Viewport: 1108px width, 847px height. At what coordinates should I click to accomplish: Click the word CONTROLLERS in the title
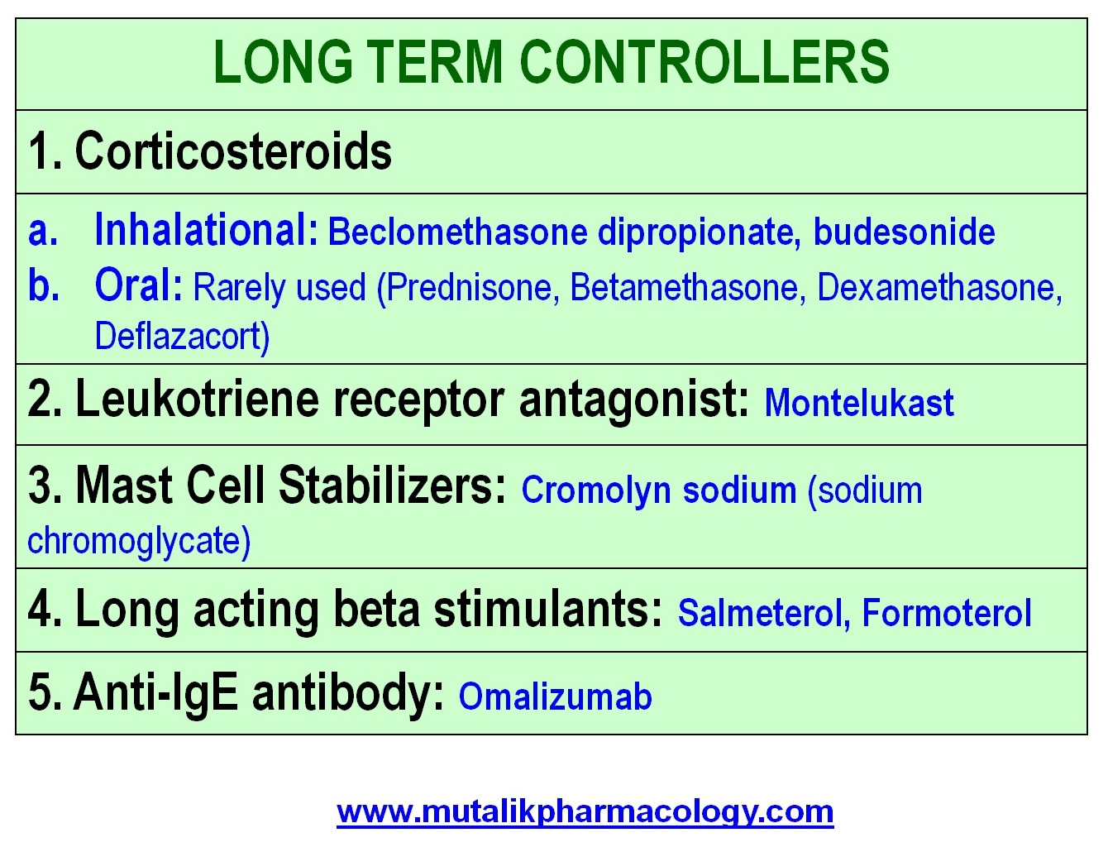click(x=704, y=62)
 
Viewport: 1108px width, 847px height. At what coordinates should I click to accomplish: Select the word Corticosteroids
click(x=233, y=151)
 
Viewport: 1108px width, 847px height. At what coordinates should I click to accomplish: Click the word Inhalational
click(x=207, y=230)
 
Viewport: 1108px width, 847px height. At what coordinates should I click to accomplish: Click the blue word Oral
click(x=138, y=285)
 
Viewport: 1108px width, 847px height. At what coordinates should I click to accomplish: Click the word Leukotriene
click(x=198, y=400)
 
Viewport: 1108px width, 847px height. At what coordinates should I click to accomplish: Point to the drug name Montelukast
click(x=859, y=402)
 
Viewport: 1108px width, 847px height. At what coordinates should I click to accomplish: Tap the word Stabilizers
click(x=392, y=485)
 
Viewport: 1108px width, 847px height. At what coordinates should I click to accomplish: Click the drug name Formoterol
click(x=947, y=613)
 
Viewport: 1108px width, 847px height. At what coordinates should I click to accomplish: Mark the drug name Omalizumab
click(x=556, y=696)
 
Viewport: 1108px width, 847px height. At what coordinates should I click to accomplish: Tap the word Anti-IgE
click(x=155, y=692)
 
